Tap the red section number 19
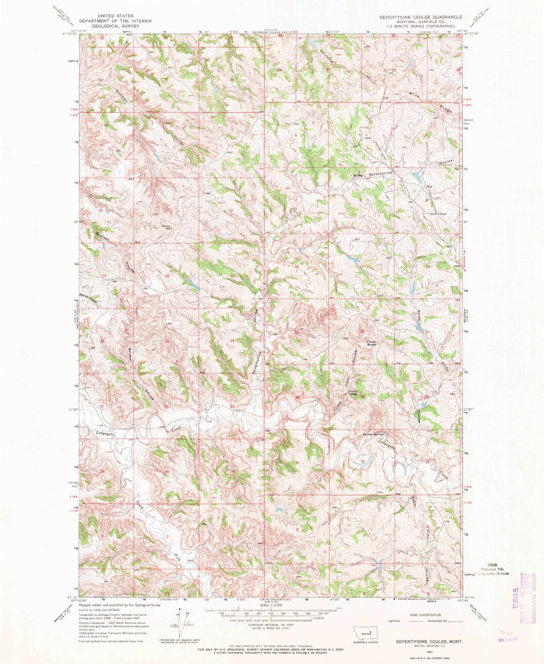(297, 332)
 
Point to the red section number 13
(232, 276)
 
